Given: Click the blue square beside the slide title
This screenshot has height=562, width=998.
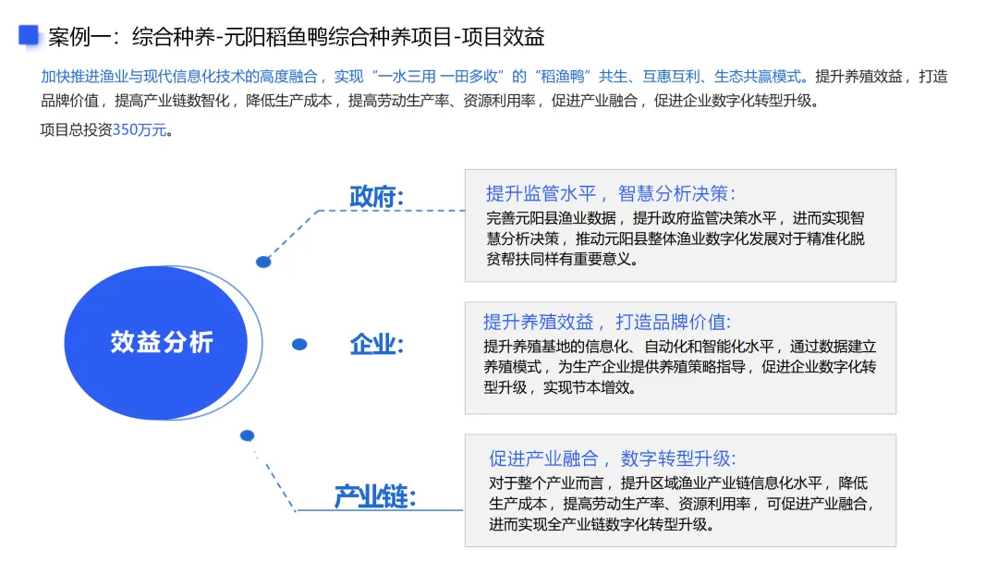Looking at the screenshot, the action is click(x=29, y=35).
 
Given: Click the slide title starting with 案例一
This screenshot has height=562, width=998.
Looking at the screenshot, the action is click(x=296, y=37).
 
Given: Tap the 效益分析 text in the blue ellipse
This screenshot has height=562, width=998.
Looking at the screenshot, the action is click(x=162, y=342).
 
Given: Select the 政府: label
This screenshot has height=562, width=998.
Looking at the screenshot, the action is click(x=377, y=197).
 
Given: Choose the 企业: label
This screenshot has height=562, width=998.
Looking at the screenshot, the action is click(x=377, y=345).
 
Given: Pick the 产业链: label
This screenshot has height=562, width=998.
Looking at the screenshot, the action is click(x=375, y=496).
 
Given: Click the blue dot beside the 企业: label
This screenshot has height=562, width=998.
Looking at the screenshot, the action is click(x=299, y=345).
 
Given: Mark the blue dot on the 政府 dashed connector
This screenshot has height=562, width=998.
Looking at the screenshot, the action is click(x=263, y=262).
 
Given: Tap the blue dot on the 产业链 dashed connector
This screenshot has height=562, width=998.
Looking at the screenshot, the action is click(x=247, y=435).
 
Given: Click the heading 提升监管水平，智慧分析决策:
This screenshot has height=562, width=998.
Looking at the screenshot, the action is click(x=611, y=193).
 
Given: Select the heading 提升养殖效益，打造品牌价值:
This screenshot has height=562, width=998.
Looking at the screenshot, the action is click(x=606, y=323).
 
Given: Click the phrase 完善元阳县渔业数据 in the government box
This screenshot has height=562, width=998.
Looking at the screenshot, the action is click(x=551, y=219).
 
